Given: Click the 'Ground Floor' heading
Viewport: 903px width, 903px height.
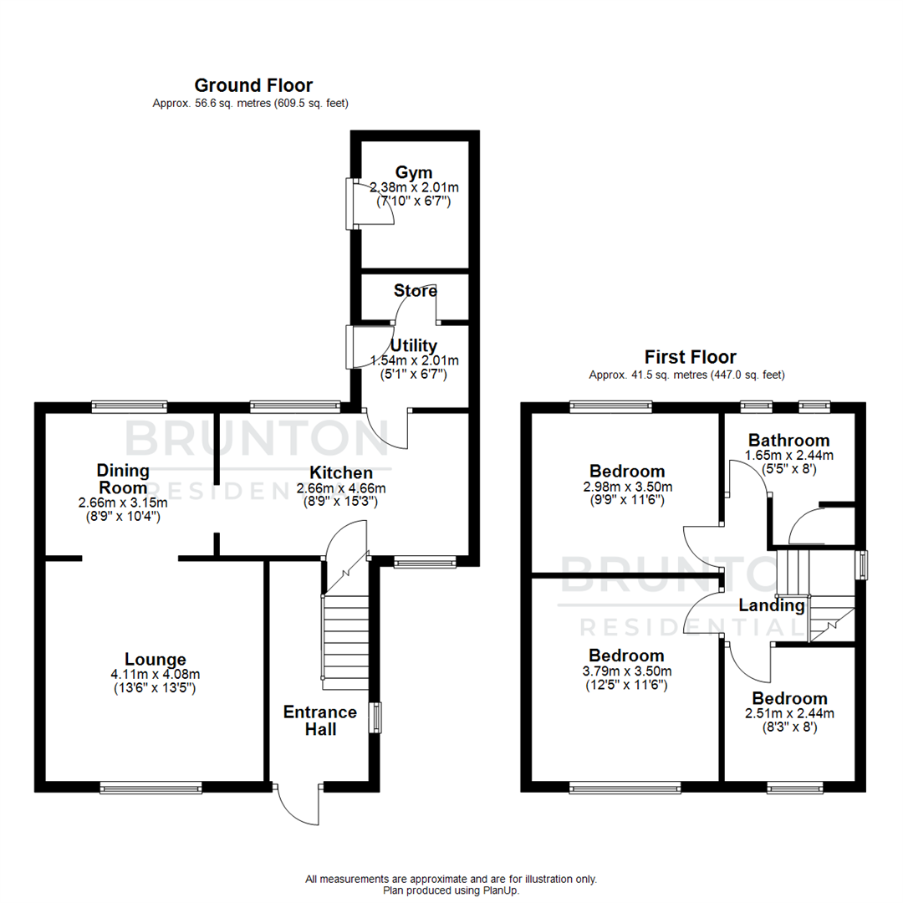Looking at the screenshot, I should click(253, 85).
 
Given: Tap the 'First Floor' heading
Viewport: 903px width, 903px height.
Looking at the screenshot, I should click(689, 357).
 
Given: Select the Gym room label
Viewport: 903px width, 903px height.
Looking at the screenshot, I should click(414, 172).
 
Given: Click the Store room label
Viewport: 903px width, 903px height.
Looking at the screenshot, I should click(416, 291).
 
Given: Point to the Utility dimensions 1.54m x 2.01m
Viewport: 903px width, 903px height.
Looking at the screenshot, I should click(415, 361).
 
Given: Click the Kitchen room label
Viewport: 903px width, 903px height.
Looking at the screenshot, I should click(341, 473).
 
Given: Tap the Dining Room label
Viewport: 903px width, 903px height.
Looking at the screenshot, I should click(122, 479).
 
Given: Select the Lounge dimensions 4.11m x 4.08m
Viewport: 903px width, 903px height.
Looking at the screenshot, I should click(156, 675).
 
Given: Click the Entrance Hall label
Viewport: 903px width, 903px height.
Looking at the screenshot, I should click(320, 721).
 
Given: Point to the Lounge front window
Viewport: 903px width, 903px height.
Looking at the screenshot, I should click(150, 787).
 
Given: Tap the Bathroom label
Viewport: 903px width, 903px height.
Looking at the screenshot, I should click(788, 440).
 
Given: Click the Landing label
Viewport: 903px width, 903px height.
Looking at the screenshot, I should click(771, 605).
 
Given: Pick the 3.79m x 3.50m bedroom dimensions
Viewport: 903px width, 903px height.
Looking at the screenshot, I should click(626, 671).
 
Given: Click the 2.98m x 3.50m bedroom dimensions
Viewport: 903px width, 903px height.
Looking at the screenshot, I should click(626, 487).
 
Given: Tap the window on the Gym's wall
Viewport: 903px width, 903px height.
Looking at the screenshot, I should click(350, 203).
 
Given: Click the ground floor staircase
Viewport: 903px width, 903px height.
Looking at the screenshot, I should click(345, 640).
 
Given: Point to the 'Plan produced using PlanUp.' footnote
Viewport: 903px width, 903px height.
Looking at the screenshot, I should click(451, 890).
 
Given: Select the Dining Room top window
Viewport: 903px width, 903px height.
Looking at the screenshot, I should click(129, 407).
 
